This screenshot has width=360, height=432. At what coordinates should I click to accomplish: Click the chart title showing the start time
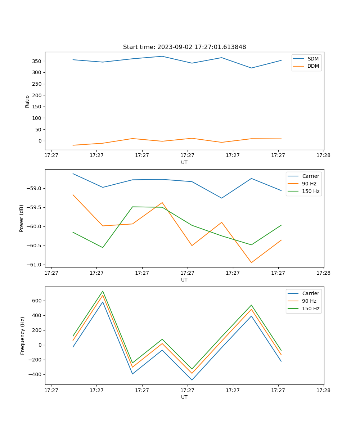coord(184,47)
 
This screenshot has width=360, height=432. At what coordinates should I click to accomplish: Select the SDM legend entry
coord(313,59)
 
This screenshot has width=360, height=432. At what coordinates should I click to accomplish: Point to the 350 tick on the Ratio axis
coord(37,61)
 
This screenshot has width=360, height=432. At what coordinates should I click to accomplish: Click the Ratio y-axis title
coord(27,101)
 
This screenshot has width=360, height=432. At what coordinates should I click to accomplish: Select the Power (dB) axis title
coord(22,218)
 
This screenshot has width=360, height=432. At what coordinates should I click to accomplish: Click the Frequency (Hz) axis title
coord(23,336)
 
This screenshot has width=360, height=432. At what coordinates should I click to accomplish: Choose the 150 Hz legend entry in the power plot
coord(311,191)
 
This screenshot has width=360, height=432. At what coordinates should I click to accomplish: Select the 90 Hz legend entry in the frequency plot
coord(309,301)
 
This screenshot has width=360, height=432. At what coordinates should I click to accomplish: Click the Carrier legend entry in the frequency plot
coord(311,293)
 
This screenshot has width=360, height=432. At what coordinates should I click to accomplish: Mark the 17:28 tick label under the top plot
coord(323,155)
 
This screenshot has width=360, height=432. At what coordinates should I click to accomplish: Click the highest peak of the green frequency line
coord(103,291)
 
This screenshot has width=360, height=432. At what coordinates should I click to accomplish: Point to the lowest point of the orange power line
coord(251,262)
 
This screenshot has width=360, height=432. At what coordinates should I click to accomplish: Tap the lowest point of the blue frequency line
coord(192,380)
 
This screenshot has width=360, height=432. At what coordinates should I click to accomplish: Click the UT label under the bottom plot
coord(184,397)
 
